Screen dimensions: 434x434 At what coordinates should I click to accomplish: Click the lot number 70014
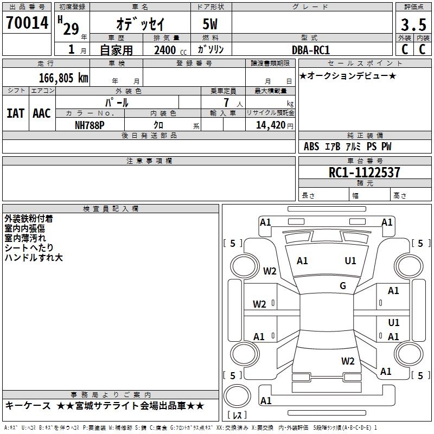pos(27,23)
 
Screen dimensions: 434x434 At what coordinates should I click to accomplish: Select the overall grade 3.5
pos(413,24)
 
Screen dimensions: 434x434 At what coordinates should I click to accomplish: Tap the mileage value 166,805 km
pos(63,78)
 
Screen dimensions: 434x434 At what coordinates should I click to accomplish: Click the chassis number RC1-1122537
pos(364,173)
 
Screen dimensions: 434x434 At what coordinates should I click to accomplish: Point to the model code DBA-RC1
pos(311,50)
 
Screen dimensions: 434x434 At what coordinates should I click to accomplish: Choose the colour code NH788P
pos(90,125)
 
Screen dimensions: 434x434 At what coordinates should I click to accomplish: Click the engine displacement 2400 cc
pos(170,50)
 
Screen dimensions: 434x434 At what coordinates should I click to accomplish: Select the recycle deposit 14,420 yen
pos(275,125)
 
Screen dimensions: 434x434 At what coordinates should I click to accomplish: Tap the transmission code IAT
pos(15,113)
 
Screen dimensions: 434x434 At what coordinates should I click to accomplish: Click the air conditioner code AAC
pos(42,113)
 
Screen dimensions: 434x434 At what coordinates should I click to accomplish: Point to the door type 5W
pos(210,24)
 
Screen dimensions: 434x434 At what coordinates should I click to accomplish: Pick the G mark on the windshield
pos(343,285)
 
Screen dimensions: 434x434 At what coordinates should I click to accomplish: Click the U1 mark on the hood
pos(350,260)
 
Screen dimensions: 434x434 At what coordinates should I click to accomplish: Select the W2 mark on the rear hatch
pos(348,361)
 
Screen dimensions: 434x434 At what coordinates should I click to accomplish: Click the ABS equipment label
pos(311,146)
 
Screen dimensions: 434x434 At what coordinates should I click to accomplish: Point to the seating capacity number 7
pos(226,103)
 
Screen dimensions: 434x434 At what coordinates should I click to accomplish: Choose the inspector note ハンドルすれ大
pos(34,257)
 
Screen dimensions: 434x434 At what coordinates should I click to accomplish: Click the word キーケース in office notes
pos(28,406)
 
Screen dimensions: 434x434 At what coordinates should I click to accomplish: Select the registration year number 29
pos(71,29)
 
